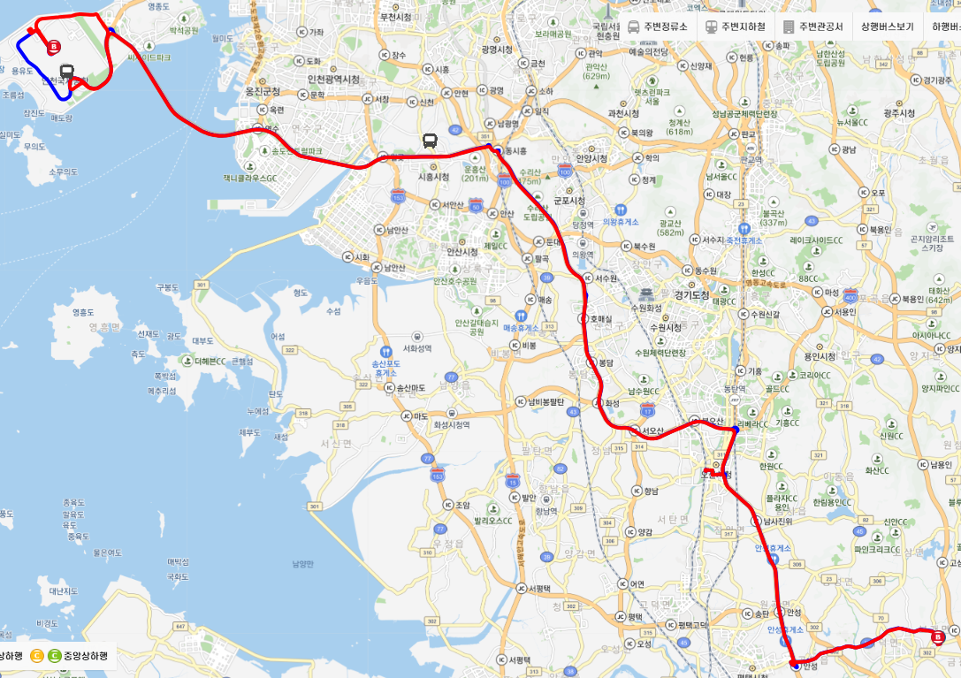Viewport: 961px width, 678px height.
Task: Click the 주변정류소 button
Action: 658,27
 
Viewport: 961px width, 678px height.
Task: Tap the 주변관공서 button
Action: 814,27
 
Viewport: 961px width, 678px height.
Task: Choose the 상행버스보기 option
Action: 887,27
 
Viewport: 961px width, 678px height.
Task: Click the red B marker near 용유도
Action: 55,46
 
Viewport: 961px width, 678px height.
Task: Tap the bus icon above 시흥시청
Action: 430,141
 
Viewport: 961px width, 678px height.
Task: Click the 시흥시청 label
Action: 432,177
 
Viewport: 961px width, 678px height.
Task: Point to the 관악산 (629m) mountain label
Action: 597,71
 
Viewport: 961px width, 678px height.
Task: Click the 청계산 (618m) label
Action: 679,127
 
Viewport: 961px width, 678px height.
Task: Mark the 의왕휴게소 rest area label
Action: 620,222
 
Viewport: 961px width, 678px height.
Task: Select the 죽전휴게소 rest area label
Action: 745,240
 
